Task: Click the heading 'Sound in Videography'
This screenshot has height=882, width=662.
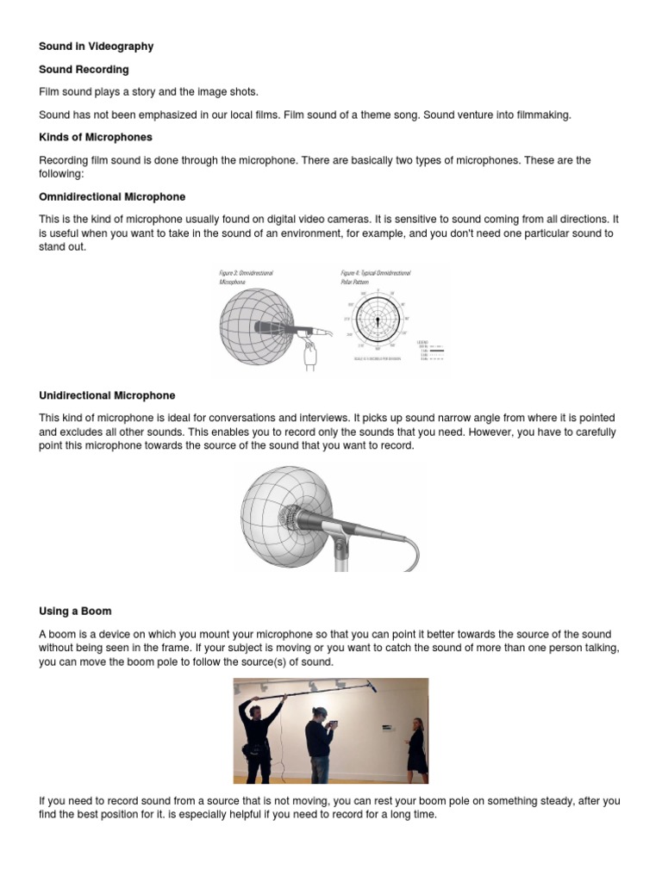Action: [96, 46]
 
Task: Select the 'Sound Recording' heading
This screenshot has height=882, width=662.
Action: [84, 69]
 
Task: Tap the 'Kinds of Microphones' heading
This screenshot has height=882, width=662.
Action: [97, 137]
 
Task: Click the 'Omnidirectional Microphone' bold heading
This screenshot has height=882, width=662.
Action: [112, 197]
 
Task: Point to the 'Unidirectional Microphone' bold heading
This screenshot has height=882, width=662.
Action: [107, 395]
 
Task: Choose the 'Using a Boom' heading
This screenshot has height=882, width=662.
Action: [76, 611]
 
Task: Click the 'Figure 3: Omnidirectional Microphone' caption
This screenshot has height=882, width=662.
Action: [247, 276]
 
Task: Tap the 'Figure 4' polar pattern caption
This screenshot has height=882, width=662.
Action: [376, 276]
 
